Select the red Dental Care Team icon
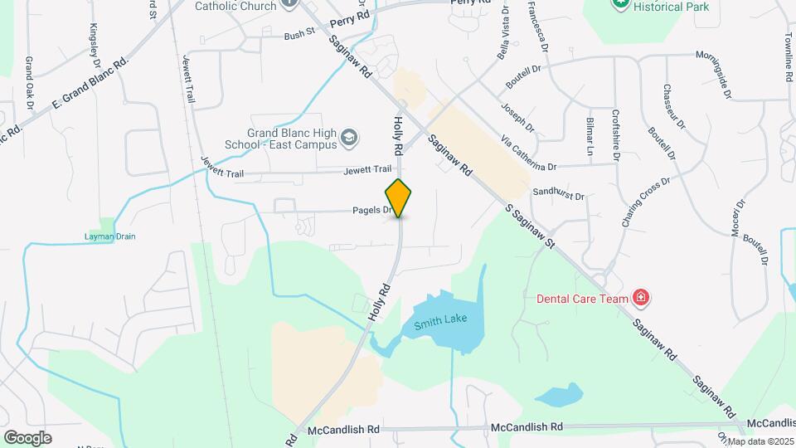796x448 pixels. coord(640,297)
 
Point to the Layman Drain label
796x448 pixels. coord(109,236)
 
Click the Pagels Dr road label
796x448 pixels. coord(375,211)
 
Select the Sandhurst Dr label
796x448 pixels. coord(559,194)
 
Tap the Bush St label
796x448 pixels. coord(299,35)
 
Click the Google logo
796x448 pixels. coord(27,437)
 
